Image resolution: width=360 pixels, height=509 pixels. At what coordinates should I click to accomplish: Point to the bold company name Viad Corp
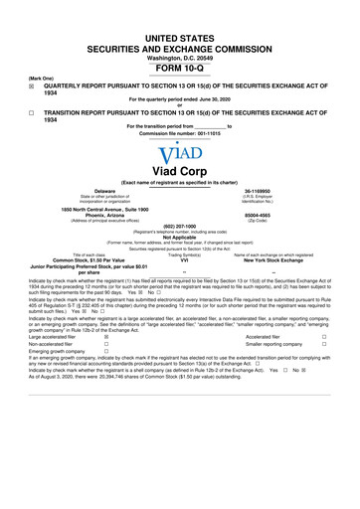point(180,171)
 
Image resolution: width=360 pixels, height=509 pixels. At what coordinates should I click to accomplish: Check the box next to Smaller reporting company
point(351,346)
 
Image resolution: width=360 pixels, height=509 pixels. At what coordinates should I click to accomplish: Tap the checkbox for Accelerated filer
point(351,337)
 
